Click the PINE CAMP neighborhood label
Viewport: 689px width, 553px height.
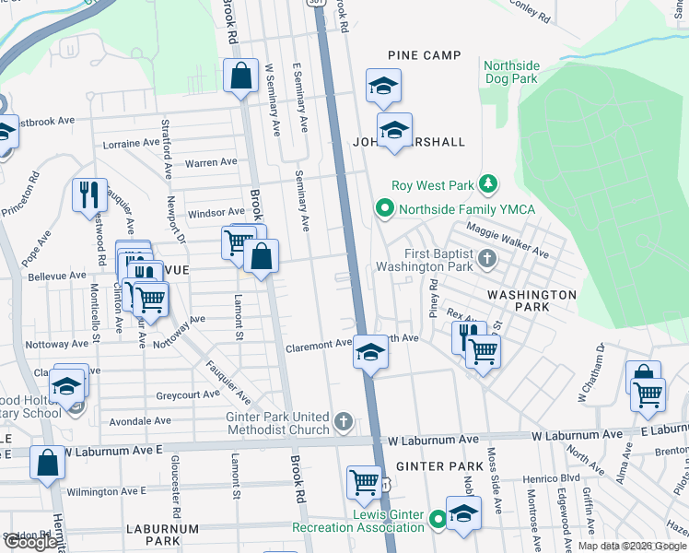(424, 55)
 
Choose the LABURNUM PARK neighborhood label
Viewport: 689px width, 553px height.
(163, 536)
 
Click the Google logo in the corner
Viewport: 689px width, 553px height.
(30, 542)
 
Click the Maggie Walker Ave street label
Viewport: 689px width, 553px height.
(507, 241)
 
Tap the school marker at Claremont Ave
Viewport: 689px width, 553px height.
(370, 352)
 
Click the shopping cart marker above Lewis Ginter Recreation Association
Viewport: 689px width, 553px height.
(365, 481)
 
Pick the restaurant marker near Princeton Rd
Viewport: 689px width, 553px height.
(89, 194)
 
